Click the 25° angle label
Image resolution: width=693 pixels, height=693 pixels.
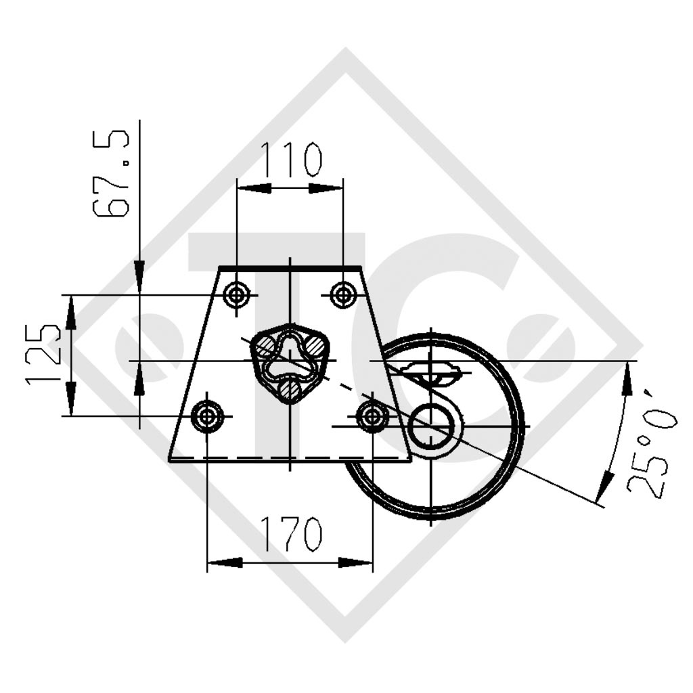[651, 444]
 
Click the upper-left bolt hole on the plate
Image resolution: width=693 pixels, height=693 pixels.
[237, 294]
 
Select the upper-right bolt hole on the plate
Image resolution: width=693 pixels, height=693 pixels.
[344, 294]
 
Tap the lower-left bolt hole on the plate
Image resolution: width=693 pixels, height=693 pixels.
[207, 416]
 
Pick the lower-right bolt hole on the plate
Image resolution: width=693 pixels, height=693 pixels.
[372, 416]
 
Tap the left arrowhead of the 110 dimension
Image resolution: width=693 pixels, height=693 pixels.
[253, 188]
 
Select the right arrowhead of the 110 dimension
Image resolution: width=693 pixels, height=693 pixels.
[327, 188]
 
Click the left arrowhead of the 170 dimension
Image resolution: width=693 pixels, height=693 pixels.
[224, 562]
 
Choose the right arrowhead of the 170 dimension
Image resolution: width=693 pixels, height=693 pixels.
[356, 562]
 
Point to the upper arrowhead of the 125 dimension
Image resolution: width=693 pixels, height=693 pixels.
[71, 312]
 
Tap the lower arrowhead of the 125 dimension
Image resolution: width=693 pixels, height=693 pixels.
[71, 399]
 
